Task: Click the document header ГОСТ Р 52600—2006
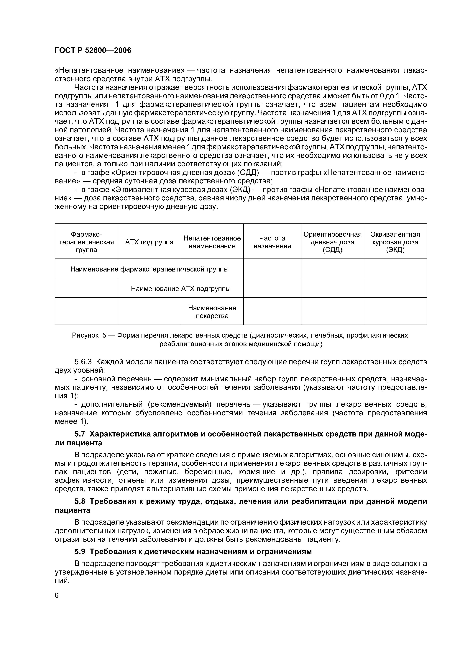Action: (93, 50)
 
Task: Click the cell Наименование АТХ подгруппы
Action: (180, 289)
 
